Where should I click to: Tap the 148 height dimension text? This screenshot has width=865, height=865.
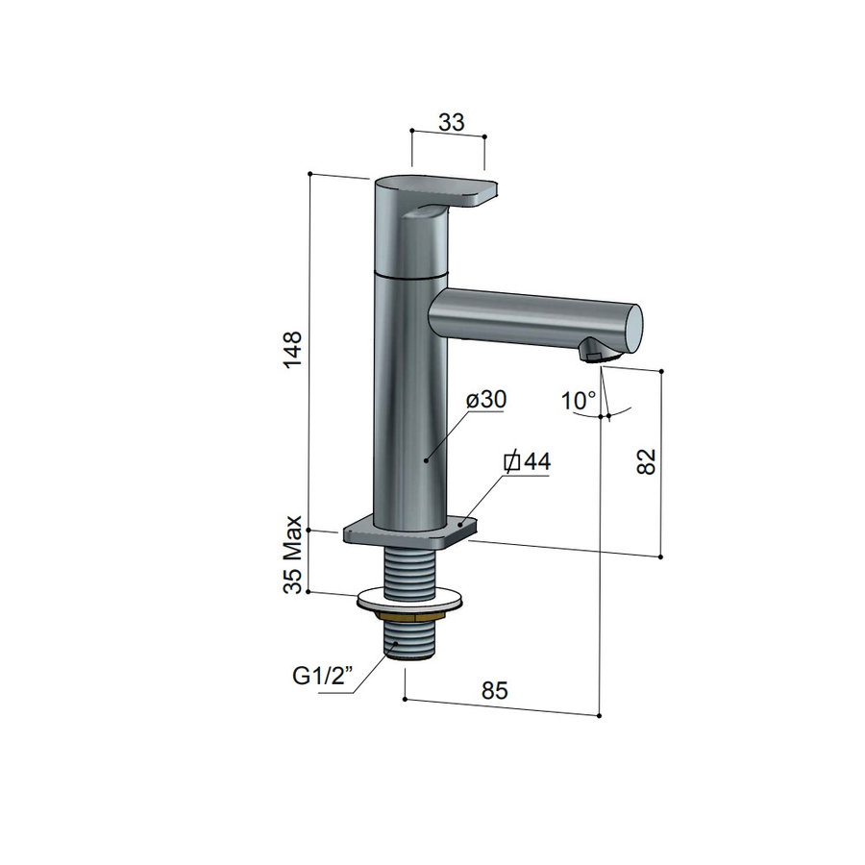[294, 352]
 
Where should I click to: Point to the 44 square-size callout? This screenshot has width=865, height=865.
[528, 462]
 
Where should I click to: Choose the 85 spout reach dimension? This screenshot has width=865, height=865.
[493, 690]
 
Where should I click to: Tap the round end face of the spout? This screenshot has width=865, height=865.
[630, 328]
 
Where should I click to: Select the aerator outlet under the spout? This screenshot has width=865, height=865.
[594, 356]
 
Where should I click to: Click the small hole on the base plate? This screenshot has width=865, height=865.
[462, 525]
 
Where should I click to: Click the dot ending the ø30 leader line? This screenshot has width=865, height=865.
[426, 460]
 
